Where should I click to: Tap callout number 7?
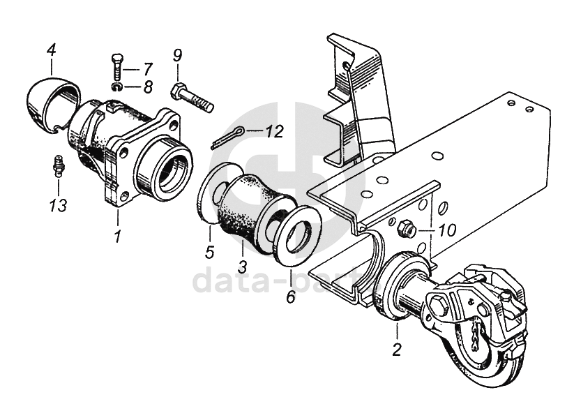148,68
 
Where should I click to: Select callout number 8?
148,87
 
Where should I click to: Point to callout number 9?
177,55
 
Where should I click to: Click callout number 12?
275,130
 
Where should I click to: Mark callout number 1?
117,237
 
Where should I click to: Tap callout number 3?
242,267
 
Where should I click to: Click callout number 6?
291,296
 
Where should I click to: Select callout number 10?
446,230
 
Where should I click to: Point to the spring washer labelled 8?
116,87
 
